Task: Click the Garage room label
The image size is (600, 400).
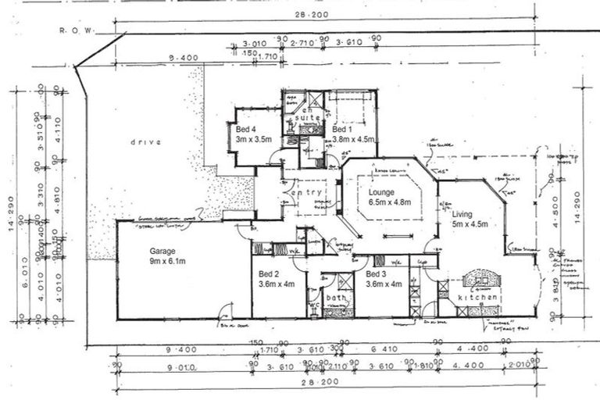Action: coord(162,252)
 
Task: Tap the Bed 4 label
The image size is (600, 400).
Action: coord(245,129)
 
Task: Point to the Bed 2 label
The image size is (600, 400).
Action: coord(270,274)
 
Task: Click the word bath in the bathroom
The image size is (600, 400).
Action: coord(337,298)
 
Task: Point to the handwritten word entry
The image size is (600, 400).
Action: coord(306,192)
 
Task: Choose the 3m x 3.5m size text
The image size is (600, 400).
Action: coord(253,139)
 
